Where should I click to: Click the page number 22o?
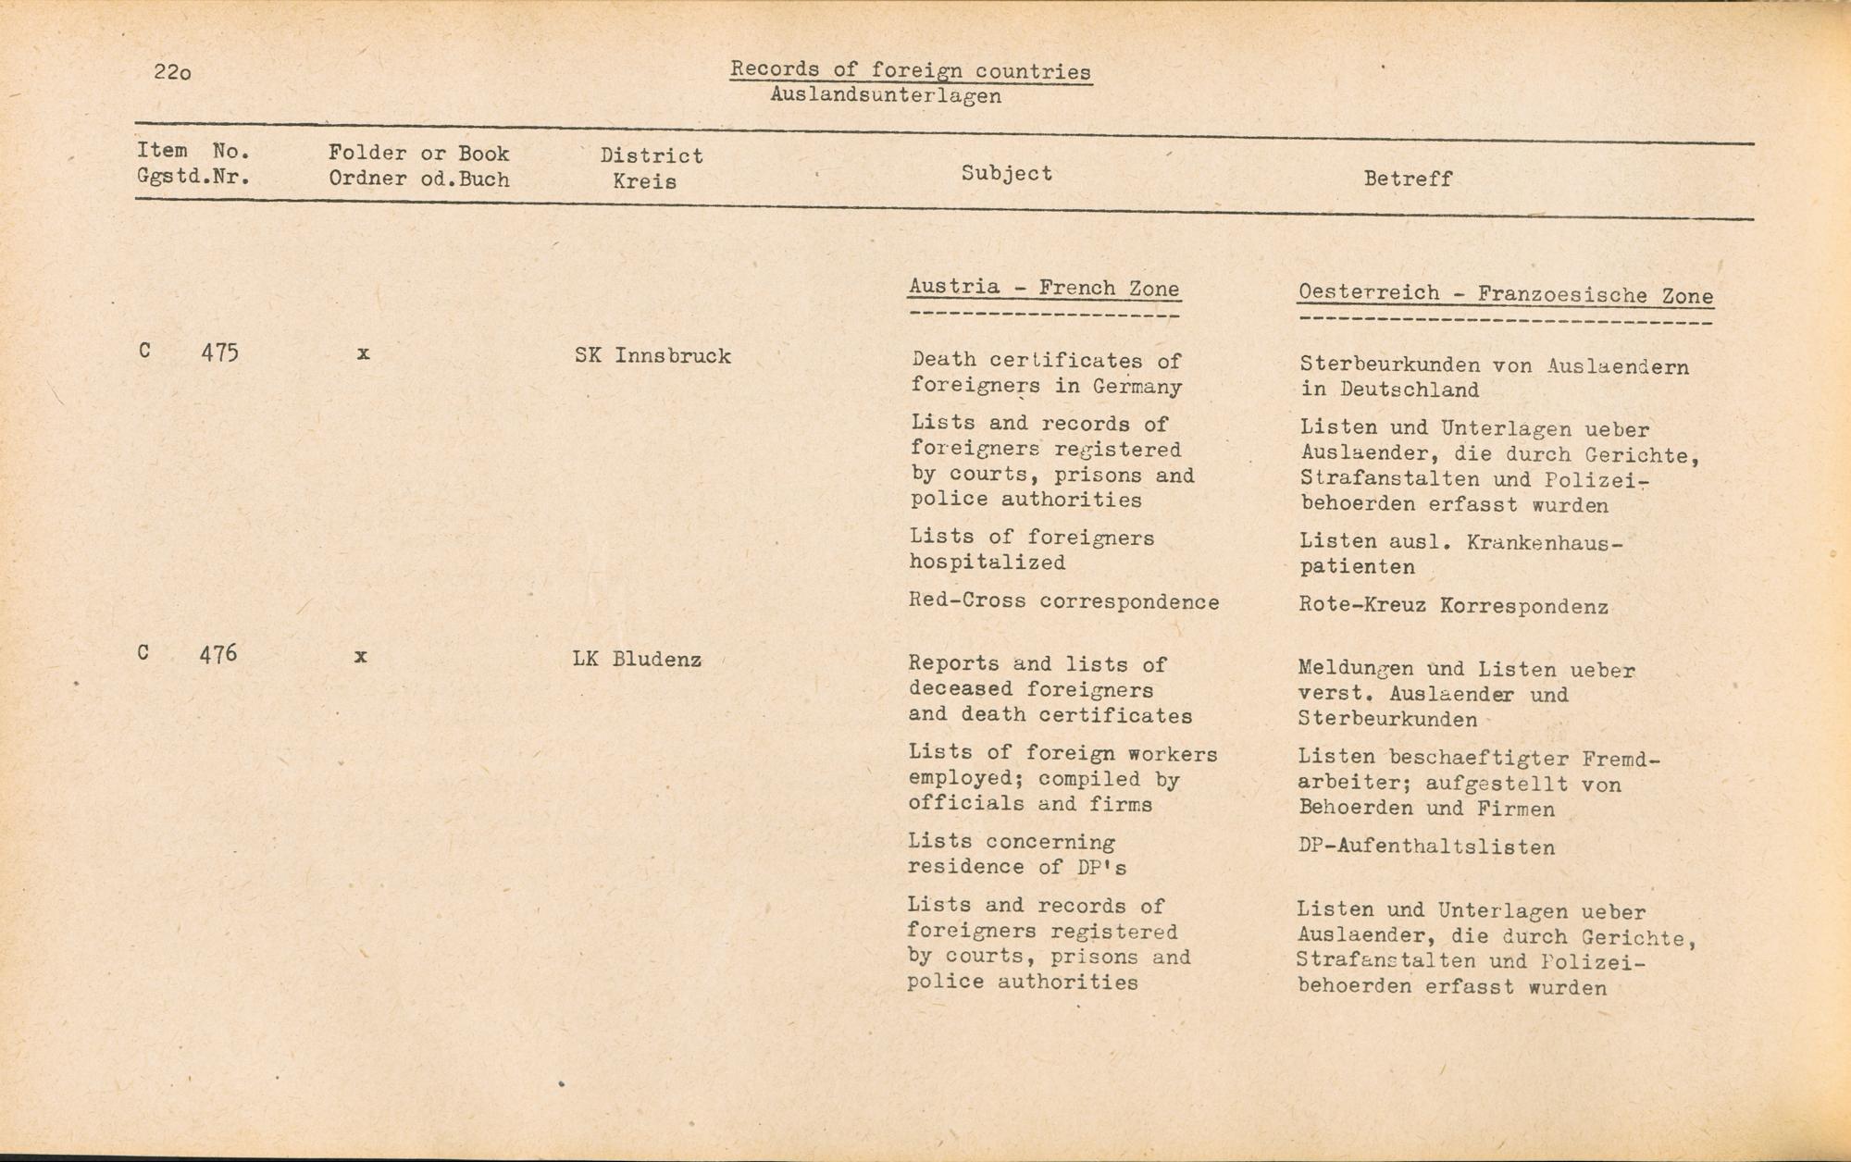coord(173,72)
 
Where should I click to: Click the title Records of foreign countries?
coord(911,70)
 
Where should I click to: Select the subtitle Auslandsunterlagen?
coord(885,96)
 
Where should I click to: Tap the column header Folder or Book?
coord(418,154)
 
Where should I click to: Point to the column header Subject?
coord(1006,174)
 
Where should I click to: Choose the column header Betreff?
coord(1408,179)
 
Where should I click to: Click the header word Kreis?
coord(644,181)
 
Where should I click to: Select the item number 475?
coord(219,352)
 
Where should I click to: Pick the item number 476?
coord(218,654)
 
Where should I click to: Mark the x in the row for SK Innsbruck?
coord(363,353)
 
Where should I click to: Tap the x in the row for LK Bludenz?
coord(360,656)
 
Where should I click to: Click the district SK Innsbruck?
coord(652,356)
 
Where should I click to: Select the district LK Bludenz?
coord(637,660)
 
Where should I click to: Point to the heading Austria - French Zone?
coord(1044,288)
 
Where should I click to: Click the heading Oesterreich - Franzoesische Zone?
coord(1506,295)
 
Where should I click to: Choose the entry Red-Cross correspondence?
coord(1063,601)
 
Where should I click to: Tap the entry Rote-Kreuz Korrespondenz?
coord(1453,607)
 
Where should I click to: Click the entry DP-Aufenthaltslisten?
coord(1426,847)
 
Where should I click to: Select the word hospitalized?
coord(987,562)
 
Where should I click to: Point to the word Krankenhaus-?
coord(1545,542)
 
